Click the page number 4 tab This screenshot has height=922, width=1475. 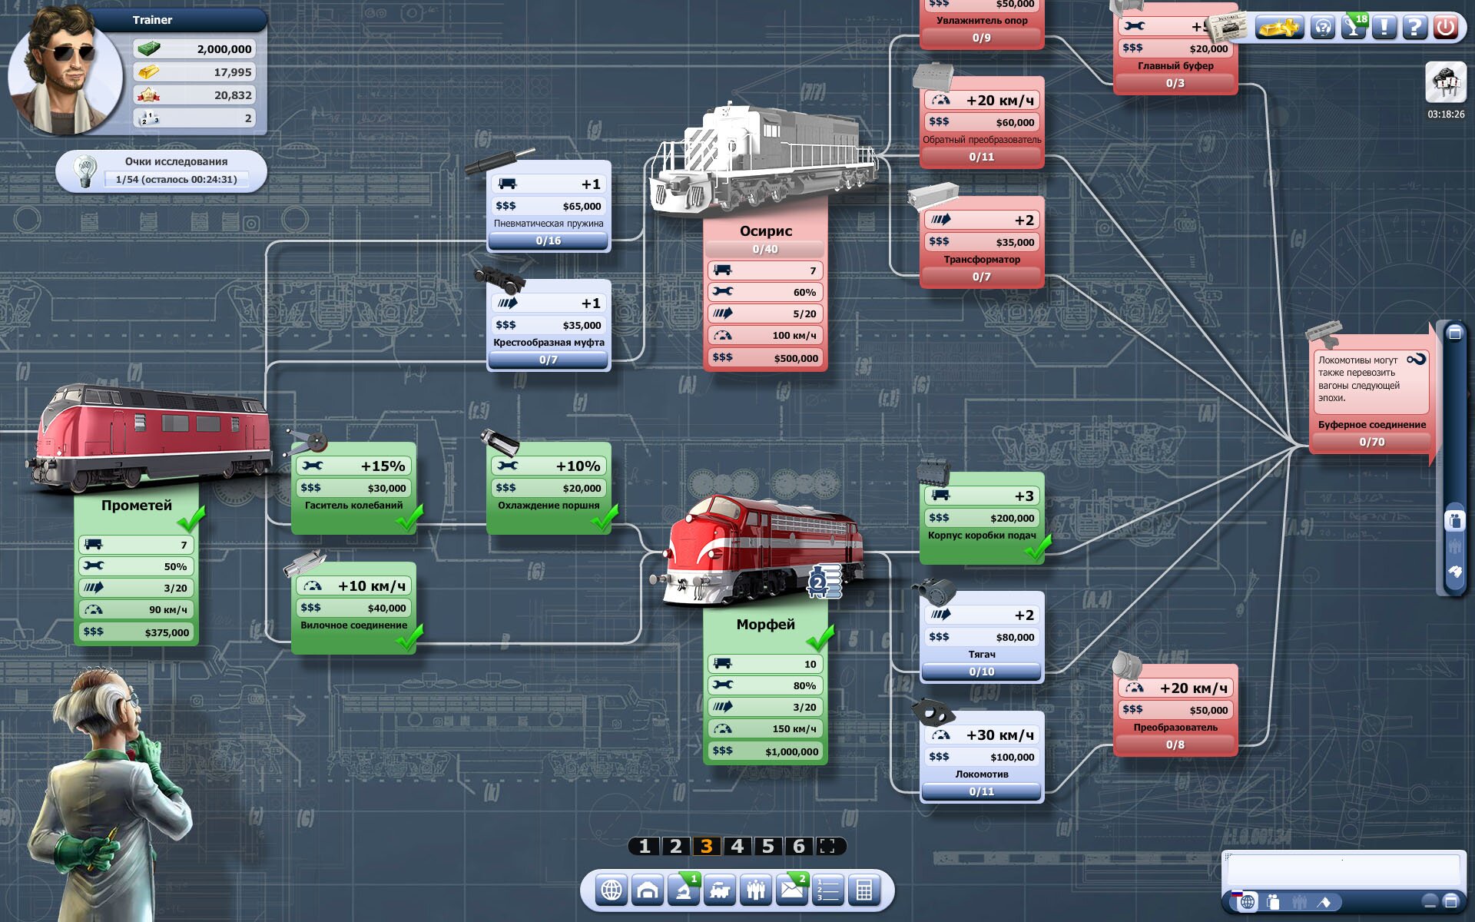tap(737, 846)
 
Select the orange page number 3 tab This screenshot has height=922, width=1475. tap(706, 846)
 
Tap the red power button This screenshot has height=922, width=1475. tap(1445, 27)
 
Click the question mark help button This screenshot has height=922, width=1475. tap(1414, 27)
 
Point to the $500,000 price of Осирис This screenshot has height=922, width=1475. tap(796, 358)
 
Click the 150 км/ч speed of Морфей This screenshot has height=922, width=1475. tap(794, 728)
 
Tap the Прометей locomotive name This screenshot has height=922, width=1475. tap(137, 505)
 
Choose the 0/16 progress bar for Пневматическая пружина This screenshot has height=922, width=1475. tap(549, 240)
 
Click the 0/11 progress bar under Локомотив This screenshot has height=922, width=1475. tap(981, 791)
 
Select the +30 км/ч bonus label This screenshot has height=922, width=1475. tap(999, 735)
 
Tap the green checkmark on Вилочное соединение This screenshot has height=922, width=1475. tap(409, 637)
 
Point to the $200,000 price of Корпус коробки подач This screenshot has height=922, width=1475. tap(1012, 518)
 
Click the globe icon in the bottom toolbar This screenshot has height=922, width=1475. tap(612, 890)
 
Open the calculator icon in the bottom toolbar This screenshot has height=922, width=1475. tap(864, 890)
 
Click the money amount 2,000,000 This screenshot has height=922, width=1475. tap(224, 49)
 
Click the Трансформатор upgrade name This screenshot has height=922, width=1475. tap(982, 260)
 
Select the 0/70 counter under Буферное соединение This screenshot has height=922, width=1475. tap(1371, 442)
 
